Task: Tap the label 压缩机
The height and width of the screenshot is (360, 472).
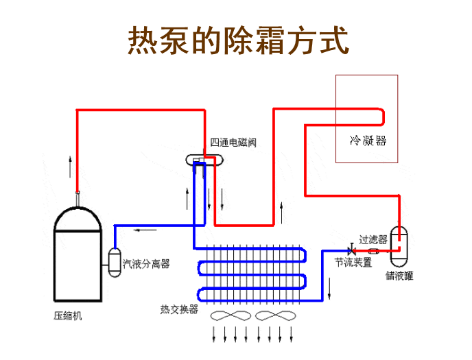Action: coord(67,317)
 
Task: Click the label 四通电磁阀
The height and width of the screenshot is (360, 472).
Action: coord(233,143)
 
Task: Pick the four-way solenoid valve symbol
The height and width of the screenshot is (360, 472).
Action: coord(204,161)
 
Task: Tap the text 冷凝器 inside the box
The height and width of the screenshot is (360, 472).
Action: coord(368,141)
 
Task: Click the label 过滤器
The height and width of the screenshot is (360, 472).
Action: coord(373,239)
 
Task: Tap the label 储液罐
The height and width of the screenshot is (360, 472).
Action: coord(399,276)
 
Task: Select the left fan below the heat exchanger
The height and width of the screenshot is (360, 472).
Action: coord(231,317)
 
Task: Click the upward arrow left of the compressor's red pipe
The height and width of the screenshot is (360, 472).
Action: coord(69,167)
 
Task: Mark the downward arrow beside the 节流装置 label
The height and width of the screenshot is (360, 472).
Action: coord(331,289)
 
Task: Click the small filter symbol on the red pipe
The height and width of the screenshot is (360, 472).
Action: coord(374,250)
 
